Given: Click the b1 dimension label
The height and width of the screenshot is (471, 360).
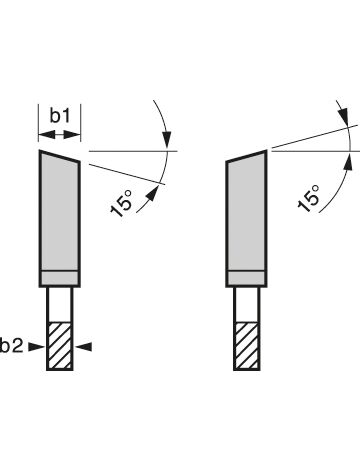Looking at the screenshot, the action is click(x=60, y=116).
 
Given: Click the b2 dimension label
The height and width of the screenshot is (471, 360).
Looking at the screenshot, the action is click(x=12, y=347).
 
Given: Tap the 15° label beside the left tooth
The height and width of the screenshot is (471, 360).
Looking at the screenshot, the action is click(x=122, y=203).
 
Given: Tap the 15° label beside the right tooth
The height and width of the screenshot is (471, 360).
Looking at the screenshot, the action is click(x=309, y=198).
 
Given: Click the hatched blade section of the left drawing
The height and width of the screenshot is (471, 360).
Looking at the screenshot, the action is click(x=60, y=346).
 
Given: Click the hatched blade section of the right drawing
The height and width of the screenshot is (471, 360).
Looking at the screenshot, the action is click(x=247, y=346).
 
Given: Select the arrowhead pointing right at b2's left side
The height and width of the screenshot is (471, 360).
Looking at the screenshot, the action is click(x=36, y=347).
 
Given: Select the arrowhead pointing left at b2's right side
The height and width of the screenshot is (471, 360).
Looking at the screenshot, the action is click(x=84, y=347).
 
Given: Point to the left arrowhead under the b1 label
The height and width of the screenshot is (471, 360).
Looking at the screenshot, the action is click(x=46, y=135).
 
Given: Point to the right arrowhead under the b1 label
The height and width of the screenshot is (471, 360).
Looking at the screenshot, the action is click(x=72, y=135).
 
